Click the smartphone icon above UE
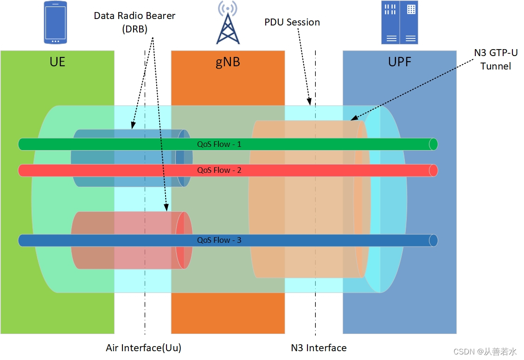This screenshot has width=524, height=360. point(55,22)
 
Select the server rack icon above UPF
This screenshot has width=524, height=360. point(399,22)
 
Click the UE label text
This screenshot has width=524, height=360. point(57,62)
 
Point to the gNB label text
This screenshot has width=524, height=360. point(228,62)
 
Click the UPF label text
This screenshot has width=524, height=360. point(399,62)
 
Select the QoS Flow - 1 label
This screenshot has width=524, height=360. point(219,144)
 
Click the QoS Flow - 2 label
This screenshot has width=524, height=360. point(219,170)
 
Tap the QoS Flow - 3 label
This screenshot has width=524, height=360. point(219,240)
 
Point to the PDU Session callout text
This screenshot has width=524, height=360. point(292,22)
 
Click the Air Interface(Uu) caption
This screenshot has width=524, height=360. point(143,348)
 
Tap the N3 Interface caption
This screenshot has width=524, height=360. point(319,348)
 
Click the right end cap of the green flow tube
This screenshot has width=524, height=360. point(433,144)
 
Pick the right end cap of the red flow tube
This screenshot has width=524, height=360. point(433,171)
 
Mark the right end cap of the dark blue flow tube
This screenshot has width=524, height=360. point(433,240)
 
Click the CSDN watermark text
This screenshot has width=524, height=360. point(485,352)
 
